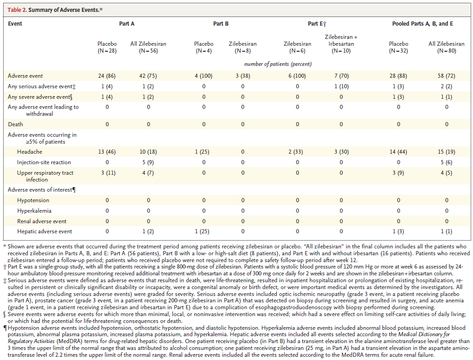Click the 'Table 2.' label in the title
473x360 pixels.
(x=17, y=10)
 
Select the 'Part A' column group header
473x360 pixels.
(x=127, y=23)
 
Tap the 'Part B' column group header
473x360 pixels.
(x=221, y=23)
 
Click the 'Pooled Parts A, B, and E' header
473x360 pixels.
(x=422, y=23)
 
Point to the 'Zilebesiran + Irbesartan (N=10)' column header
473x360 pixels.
(x=341, y=44)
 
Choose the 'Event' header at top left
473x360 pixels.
(x=15, y=23)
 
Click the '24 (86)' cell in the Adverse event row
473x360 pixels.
(x=107, y=76)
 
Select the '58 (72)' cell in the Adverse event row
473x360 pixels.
(x=446, y=76)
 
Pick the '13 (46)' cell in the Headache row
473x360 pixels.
(x=107, y=152)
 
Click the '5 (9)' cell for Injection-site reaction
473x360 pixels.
(x=148, y=162)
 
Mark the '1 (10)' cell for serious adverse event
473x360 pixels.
(x=341, y=86)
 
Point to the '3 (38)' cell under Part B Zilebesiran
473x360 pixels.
(x=243, y=76)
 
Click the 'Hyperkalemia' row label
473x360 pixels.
(x=34, y=210)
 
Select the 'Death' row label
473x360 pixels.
(x=16, y=124)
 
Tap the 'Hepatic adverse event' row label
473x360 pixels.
(x=45, y=231)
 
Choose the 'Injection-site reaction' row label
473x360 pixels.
(x=44, y=162)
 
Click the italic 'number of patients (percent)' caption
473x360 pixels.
(x=278, y=64)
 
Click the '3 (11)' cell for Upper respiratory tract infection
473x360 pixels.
(x=108, y=173)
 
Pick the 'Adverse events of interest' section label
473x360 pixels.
(x=42, y=190)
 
